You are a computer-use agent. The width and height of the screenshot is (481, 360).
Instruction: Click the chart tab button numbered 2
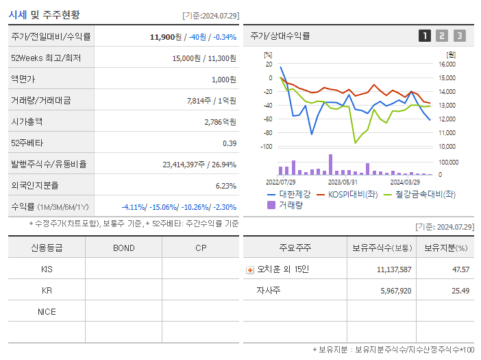pos(442,36)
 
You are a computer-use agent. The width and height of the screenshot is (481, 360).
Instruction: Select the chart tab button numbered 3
pos(459,36)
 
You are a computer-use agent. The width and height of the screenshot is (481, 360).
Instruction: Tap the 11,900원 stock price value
pos(166,36)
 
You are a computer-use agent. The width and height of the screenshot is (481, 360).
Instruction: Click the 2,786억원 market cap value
pos(220,121)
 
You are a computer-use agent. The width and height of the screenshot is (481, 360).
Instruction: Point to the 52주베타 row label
pos(26,143)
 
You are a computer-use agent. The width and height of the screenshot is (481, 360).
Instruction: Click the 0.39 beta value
pos(230,143)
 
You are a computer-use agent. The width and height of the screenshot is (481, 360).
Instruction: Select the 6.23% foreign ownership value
pos(225,185)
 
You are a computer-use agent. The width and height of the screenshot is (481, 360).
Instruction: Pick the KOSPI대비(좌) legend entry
pos(347,195)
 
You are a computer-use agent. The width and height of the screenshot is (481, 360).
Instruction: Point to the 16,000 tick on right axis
pos(447,64)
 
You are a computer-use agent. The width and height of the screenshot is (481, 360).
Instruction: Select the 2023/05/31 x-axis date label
pos(343,182)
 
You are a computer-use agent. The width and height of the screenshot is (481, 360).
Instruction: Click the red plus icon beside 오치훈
pos(249,269)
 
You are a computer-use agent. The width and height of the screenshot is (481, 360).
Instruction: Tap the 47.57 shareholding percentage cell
pos(460,269)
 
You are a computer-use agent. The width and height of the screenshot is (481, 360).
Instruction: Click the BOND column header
pos(123,248)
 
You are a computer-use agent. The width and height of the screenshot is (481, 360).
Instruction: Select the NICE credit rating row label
pos(47,312)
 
